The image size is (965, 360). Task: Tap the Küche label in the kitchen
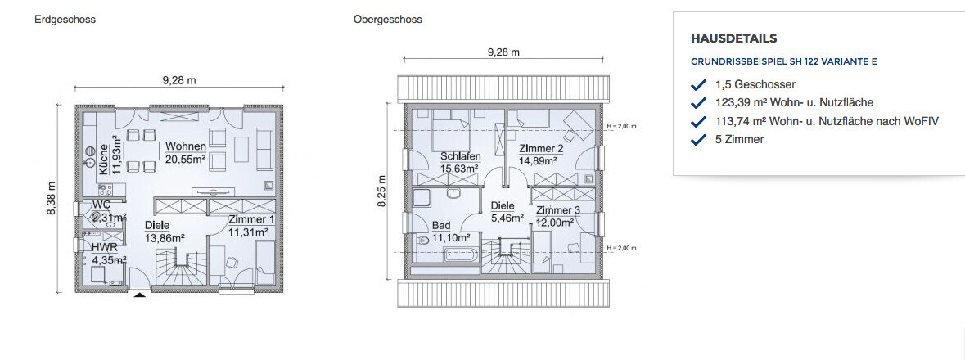[x=104, y=160]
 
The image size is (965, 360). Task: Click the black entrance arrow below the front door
[x=140, y=295]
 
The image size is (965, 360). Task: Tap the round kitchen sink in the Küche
[x=90, y=151]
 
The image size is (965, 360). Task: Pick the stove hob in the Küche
[x=103, y=188]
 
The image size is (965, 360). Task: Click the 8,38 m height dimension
[x=52, y=198]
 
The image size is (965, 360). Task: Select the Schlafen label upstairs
[x=460, y=156]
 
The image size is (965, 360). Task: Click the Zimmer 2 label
[x=542, y=149]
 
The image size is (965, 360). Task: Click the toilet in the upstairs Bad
[x=423, y=241]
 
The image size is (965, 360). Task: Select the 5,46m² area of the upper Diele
[x=507, y=218]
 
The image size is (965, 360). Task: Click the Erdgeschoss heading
[x=65, y=19]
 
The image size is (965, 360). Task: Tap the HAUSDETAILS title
[x=733, y=38]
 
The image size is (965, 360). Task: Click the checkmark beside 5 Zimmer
[x=698, y=140]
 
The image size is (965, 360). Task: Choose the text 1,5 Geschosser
[x=755, y=84]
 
